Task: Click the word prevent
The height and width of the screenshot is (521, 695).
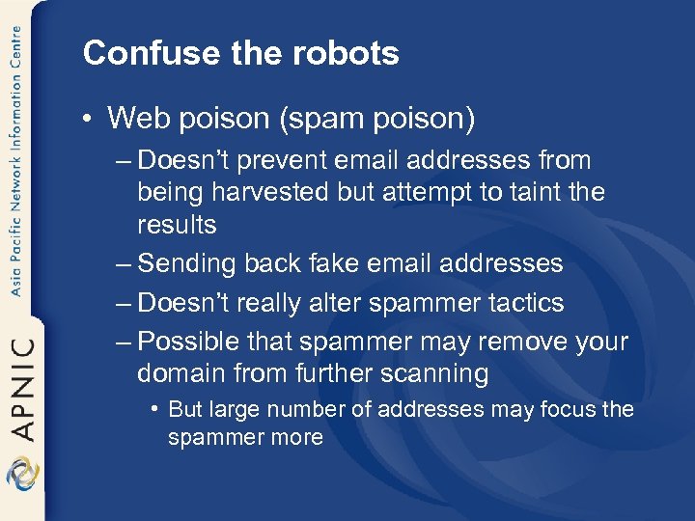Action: pyautogui.click(x=283, y=160)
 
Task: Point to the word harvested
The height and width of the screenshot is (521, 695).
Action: pyautogui.click(x=286, y=192)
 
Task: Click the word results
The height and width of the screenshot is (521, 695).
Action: pyautogui.click(x=177, y=224)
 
